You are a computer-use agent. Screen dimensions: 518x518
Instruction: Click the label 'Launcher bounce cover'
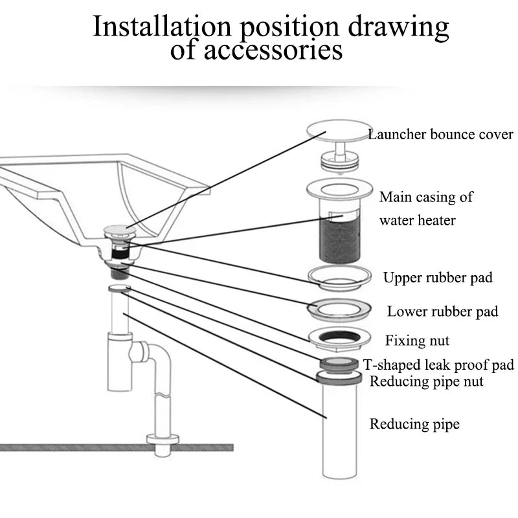440,135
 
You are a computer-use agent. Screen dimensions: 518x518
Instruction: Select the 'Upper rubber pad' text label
438,278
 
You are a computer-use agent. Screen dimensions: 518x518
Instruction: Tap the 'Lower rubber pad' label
443,311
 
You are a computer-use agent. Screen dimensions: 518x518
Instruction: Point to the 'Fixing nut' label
417,340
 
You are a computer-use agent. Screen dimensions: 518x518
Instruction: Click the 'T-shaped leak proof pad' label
438,365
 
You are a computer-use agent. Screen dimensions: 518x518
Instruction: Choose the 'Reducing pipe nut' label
426,381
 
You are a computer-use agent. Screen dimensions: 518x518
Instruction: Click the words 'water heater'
417,220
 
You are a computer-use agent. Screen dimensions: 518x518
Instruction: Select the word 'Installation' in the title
161,27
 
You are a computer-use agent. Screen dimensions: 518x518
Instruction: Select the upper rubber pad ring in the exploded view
341,276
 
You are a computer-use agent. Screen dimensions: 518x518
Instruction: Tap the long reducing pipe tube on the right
339,431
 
